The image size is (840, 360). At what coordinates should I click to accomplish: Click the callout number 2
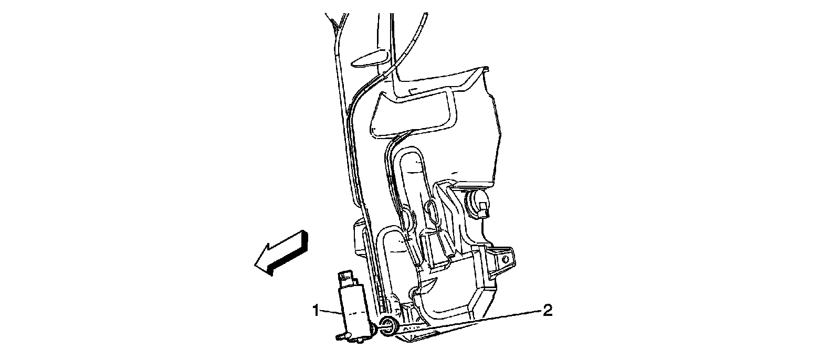click(x=547, y=311)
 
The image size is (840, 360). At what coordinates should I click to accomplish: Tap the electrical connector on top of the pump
click(x=347, y=278)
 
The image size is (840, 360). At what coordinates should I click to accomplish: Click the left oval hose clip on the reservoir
click(x=407, y=216)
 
